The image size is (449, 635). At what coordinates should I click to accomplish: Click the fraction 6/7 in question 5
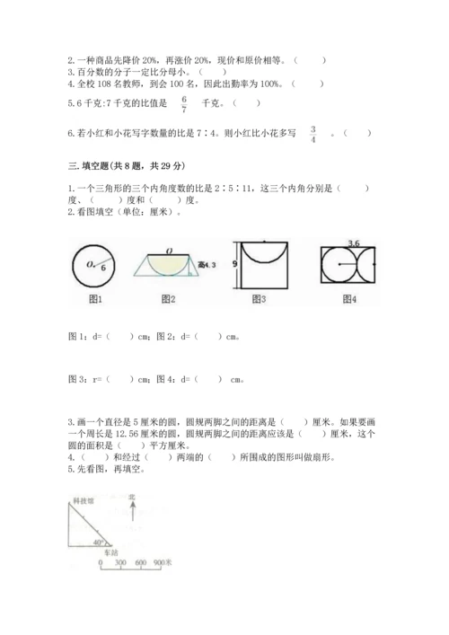pos(184,103)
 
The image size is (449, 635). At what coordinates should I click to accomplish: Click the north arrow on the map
pos(131,514)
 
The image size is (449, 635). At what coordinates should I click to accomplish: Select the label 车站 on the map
pos(108,553)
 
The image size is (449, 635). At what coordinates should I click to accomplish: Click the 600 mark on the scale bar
pos(140,563)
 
